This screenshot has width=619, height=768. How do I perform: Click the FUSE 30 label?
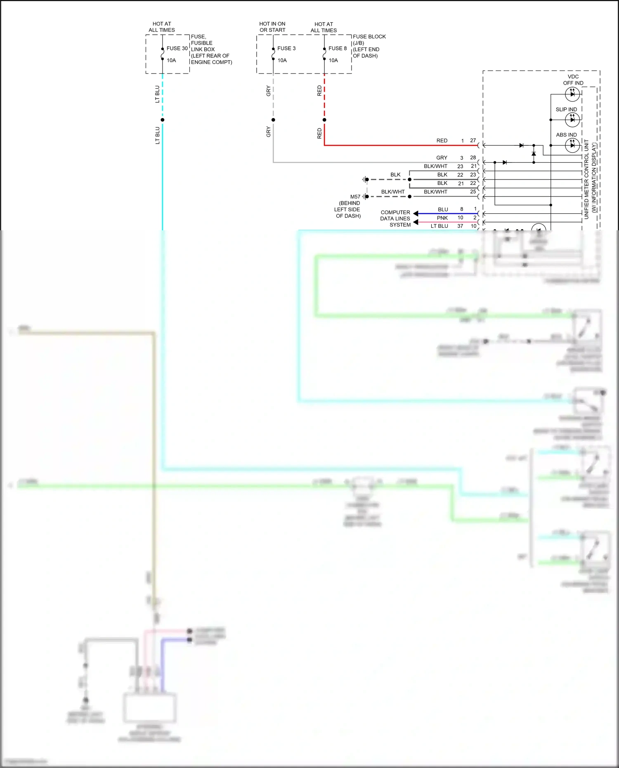click(177, 48)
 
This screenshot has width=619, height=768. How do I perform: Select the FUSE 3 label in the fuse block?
click(286, 48)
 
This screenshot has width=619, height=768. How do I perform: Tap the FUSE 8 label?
click(338, 48)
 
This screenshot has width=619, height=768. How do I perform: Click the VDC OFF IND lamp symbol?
click(572, 94)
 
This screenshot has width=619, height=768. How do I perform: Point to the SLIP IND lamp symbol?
click(572, 120)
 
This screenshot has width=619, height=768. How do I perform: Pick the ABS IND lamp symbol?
click(572, 145)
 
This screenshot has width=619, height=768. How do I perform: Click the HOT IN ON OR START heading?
click(272, 27)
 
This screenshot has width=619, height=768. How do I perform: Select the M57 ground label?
click(355, 197)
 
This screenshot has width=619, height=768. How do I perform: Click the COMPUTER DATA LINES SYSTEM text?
click(395, 218)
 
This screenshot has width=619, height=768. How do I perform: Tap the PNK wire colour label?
click(442, 218)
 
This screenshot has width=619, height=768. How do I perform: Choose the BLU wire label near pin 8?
click(443, 209)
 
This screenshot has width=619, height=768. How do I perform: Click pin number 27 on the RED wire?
click(473, 140)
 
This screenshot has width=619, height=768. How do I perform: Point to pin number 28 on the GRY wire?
click(473, 158)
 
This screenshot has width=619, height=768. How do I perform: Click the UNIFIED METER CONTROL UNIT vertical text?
click(586, 179)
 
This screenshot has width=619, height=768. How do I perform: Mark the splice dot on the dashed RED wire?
click(324, 120)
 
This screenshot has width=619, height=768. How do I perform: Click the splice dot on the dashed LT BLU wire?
click(163, 120)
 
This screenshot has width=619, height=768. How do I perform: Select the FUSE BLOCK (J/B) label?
click(369, 40)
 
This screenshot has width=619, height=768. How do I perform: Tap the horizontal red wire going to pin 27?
click(392, 145)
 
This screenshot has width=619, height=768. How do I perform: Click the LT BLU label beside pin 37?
click(439, 226)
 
